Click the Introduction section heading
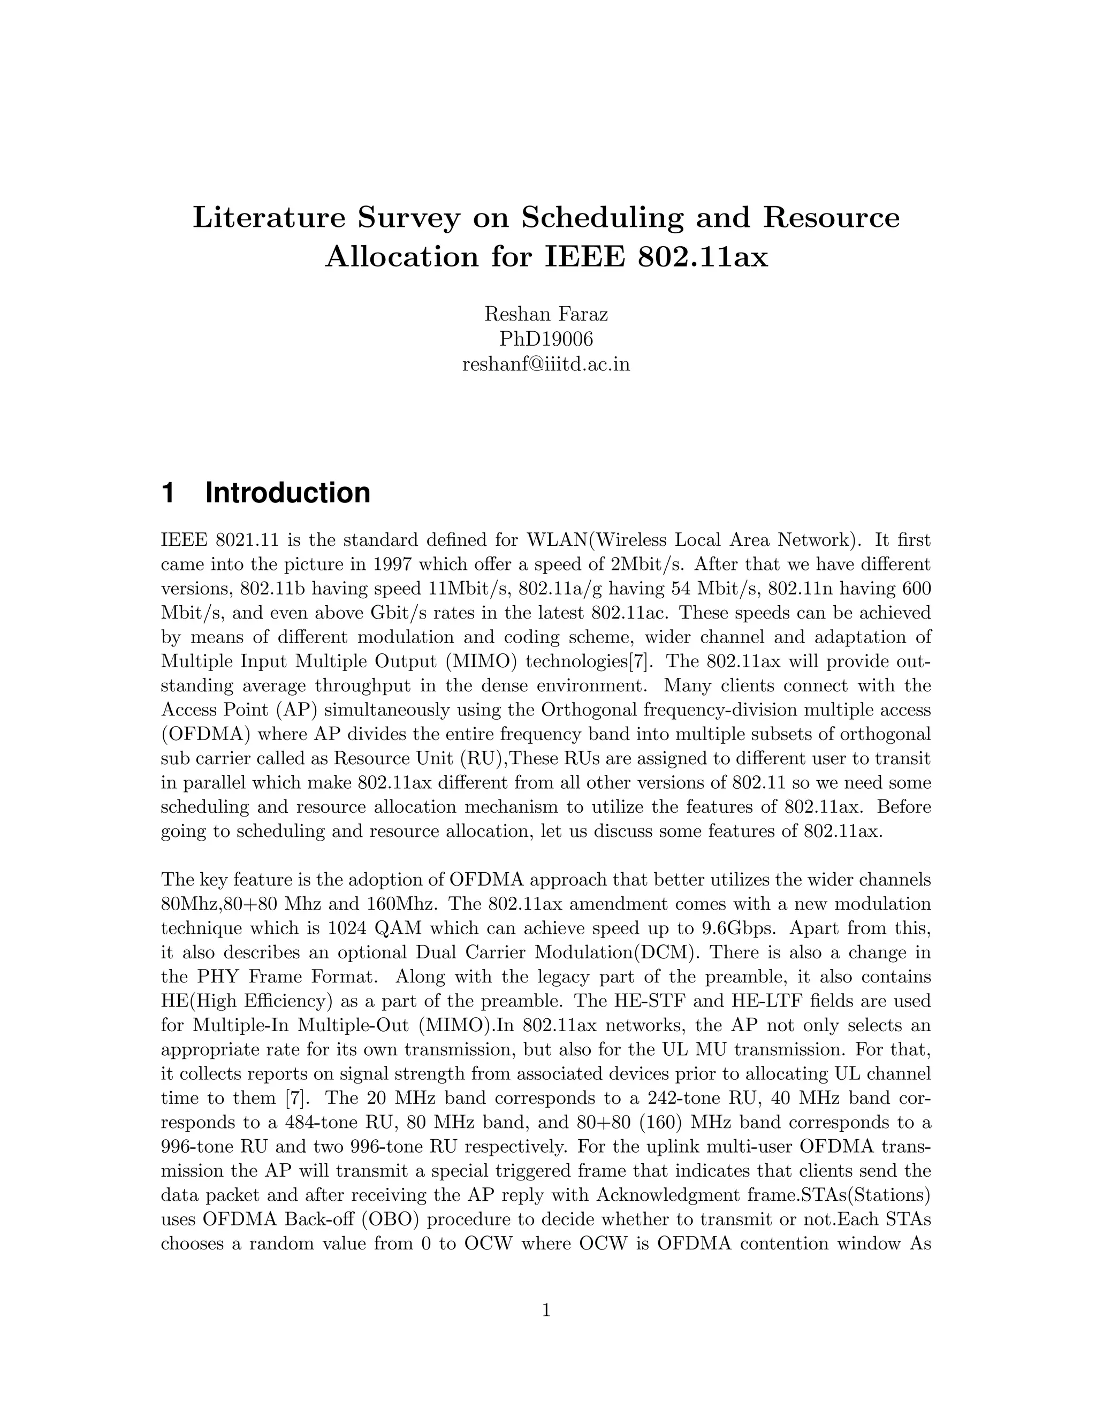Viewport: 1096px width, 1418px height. pos(287,493)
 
